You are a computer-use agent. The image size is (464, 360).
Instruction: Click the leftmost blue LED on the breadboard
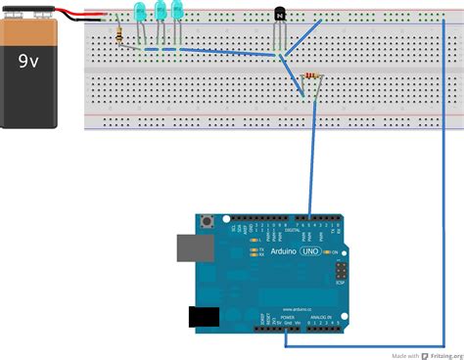139,13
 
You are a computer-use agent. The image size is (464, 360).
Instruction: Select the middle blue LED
160,13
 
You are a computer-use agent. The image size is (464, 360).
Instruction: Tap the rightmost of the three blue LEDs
178,11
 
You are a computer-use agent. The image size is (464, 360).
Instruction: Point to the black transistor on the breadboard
281,15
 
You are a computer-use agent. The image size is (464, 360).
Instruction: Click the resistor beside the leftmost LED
119,36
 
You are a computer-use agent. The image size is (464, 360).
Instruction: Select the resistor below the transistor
312,75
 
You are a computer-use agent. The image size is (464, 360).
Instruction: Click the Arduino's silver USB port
192,247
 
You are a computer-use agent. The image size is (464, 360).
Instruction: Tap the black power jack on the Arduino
203,315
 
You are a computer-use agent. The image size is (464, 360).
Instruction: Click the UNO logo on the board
308,251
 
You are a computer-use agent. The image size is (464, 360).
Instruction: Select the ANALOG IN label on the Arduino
322,318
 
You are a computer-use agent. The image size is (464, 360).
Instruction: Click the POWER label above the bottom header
287,318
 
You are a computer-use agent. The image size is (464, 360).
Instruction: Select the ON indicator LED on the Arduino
333,252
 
